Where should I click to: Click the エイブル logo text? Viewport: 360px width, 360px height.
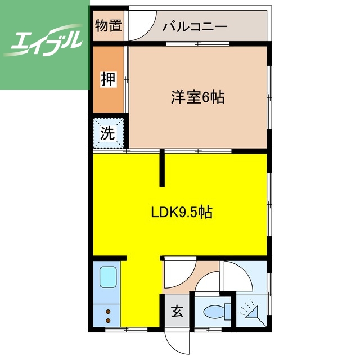[44, 42]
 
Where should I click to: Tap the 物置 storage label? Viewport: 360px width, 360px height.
[108, 26]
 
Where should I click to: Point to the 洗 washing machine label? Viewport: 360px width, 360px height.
[107, 133]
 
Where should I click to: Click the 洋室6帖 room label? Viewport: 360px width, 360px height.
[198, 97]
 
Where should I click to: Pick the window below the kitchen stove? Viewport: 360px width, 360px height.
[126, 328]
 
